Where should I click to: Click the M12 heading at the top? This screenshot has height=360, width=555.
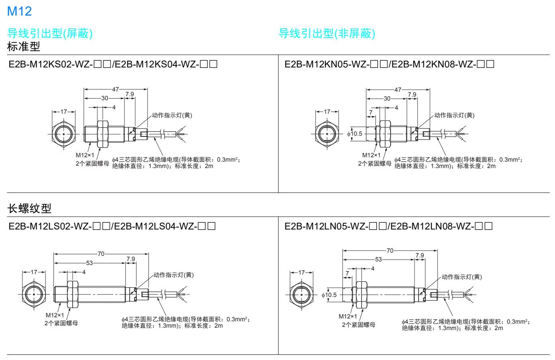click(20, 12)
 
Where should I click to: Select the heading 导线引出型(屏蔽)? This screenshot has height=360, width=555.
click(50, 34)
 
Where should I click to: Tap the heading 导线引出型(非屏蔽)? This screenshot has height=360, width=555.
click(327, 34)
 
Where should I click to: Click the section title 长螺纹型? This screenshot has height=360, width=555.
click(29, 208)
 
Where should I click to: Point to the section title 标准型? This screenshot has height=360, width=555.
click(24, 46)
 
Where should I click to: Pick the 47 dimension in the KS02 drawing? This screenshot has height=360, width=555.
click(115, 89)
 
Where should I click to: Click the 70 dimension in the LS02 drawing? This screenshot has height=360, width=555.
click(101, 253)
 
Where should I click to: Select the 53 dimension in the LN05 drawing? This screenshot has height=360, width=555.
click(378, 259)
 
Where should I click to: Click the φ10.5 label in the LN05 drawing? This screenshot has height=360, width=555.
click(329, 295)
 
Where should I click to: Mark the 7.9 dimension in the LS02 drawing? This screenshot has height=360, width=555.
click(130, 259)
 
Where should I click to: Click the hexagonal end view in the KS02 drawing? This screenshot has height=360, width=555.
click(64, 134)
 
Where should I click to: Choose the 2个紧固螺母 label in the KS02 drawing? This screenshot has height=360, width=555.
click(93, 163)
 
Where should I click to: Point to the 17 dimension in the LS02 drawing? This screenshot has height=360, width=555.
click(34, 272)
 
